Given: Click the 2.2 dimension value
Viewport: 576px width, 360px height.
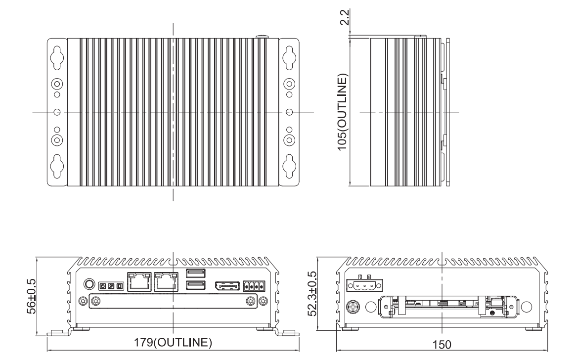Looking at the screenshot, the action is coord(345,17).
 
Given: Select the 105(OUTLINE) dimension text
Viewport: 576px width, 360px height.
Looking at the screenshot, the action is coord(342,112).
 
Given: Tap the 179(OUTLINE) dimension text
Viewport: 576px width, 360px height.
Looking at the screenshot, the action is coord(173,342).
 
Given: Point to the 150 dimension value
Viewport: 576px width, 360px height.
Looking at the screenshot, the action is coord(442,345).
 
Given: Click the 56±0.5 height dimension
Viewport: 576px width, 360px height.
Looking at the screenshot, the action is coord(32,296).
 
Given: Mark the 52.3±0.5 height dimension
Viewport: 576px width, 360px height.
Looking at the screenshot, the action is coord(312,294).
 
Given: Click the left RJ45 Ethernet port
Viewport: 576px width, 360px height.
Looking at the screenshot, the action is coord(139,282).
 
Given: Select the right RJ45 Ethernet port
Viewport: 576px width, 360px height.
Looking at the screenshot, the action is coord(166,282).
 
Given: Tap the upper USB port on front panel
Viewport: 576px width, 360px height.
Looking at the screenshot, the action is coord(196,273).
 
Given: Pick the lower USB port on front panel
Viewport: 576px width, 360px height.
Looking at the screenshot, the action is coord(196,285).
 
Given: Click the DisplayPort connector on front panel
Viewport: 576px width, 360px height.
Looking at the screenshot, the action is coord(227,286).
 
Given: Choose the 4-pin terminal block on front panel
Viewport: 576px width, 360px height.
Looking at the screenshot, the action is coord(254,286).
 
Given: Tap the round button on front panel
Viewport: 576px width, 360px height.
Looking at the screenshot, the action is coord(89,284).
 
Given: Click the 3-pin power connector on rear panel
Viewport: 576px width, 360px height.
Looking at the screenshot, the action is coord(364,284).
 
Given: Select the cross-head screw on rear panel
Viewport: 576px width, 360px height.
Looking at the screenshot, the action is coord(353,307).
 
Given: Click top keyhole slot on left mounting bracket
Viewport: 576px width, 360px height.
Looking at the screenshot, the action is coord(57,58).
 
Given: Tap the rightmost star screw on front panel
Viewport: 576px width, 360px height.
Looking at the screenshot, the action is coord(264,301).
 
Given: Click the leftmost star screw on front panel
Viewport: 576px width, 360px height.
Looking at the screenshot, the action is coord(83,301).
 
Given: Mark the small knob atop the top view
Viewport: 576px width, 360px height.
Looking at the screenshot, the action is coord(262,37).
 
